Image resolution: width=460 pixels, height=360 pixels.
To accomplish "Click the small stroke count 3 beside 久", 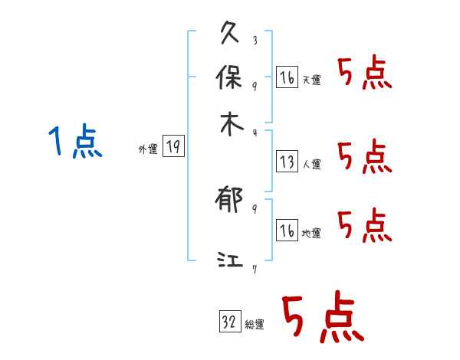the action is [255, 40].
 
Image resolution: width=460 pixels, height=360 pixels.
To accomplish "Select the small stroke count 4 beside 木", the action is [255, 133].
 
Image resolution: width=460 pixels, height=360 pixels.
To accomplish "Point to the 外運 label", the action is [148, 150].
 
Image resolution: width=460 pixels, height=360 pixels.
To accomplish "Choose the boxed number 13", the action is [287, 161].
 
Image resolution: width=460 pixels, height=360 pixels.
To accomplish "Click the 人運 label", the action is [312, 164].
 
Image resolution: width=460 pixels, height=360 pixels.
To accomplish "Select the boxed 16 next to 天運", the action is [287, 77].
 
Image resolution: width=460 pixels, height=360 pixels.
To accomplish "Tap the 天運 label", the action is [312, 80].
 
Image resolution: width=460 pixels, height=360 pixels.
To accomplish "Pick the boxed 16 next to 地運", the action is [287, 231].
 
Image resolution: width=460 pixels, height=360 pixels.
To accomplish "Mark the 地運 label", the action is [312, 233].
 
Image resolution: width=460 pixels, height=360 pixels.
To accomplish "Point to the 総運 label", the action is [255, 325].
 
